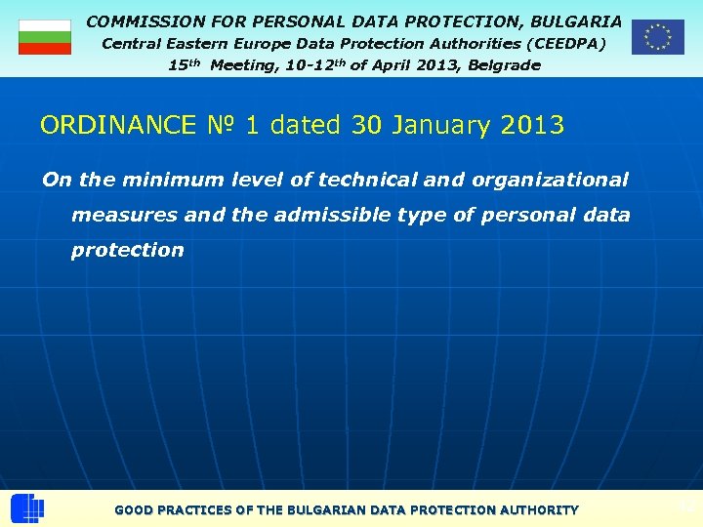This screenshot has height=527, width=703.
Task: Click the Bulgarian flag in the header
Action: pyautogui.click(x=45, y=37)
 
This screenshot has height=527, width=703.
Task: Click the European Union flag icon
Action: pyautogui.click(x=657, y=37)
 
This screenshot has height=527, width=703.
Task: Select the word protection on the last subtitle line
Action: pyautogui.click(x=127, y=250)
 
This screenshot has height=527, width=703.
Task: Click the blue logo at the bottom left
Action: pyautogui.click(x=27, y=508)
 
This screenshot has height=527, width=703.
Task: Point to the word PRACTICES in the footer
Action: pyautogui.click(x=202, y=510)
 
